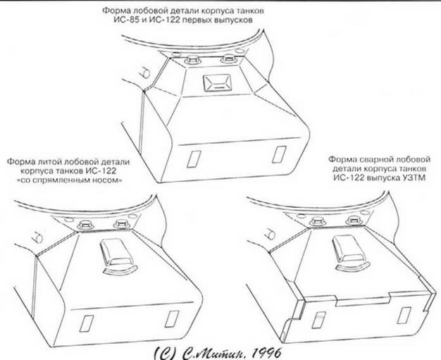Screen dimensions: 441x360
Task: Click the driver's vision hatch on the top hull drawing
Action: [x=217, y=84]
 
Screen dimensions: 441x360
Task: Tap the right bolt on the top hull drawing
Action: [x=228, y=58]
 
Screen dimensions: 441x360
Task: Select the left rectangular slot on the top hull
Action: [x=194, y=159]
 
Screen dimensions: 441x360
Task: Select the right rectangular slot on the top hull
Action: [x=279, y=154]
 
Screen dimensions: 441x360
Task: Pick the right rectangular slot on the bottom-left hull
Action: [x=172, y=319]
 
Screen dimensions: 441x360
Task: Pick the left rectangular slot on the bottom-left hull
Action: [x=87, y=323]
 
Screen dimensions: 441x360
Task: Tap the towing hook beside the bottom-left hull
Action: [x=37, y=238]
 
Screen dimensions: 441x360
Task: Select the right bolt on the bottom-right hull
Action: [x=354, y=221]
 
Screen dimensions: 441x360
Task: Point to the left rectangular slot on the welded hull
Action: [x=318, y=320]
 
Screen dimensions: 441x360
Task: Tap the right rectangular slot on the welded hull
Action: [x=404, y=316]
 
